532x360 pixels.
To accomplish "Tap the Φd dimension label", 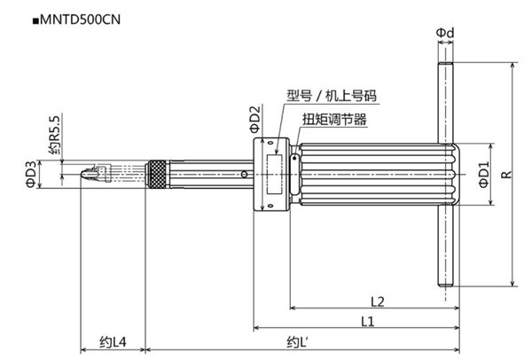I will pos(445,33).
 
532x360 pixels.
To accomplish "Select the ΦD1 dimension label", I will pos(483,176).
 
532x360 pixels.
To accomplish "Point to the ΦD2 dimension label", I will pos(254,119).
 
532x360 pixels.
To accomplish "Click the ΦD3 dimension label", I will pos(30,174).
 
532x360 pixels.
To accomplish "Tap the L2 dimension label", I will pos(375,300).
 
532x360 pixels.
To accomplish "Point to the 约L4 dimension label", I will pos(113,341).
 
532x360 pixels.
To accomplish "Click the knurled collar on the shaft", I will pos(157,176).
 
